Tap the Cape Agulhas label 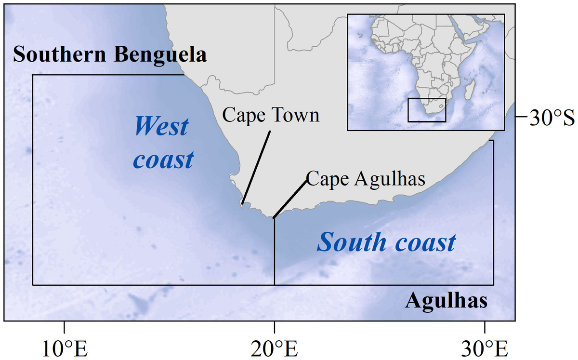(366, 178)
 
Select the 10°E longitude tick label (64, 348)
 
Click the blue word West (161, 127)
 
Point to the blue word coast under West (163, 160)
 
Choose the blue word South (350, 242)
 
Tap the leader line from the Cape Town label (255, 166)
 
